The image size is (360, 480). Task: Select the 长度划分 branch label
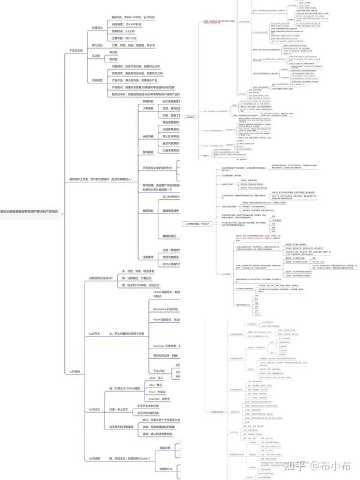click(97, 28)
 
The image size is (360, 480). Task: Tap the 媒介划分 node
click(97, 45)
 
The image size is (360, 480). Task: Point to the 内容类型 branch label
click(97, 80)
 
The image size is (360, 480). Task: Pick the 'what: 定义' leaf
click(140, 378)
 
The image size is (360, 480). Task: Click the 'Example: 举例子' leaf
click(143, 398)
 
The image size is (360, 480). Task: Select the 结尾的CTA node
click(166, 469)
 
